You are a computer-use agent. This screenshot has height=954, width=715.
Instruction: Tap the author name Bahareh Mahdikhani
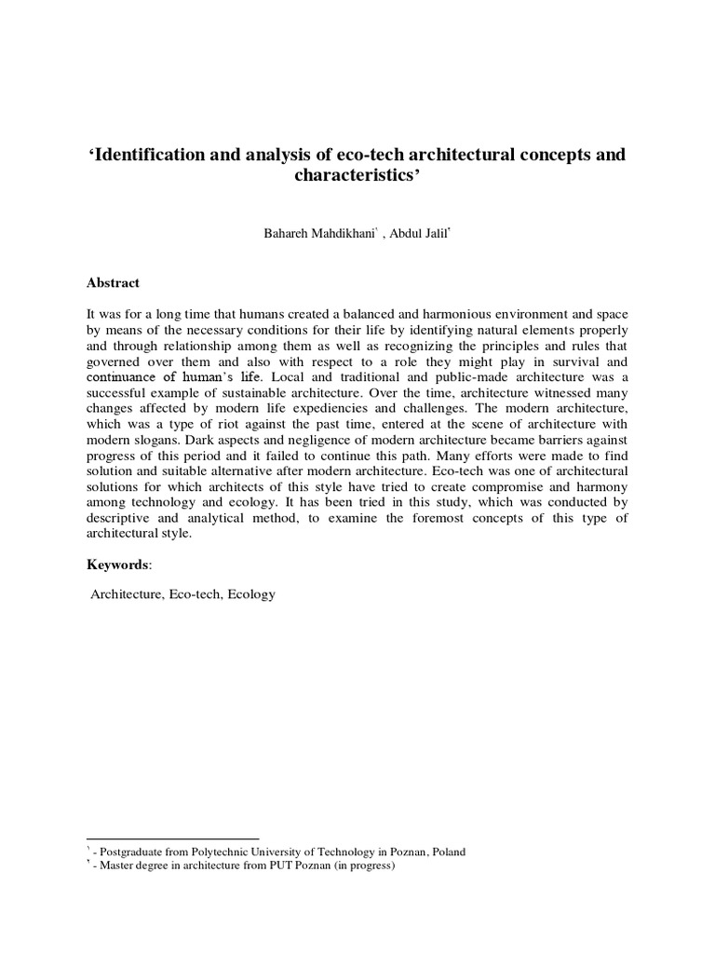[318, 233]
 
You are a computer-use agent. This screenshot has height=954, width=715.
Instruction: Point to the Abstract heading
[113, 283]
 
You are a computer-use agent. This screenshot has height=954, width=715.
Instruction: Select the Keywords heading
[117, 565]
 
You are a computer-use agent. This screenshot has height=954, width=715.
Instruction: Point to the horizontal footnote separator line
[172, 838]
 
